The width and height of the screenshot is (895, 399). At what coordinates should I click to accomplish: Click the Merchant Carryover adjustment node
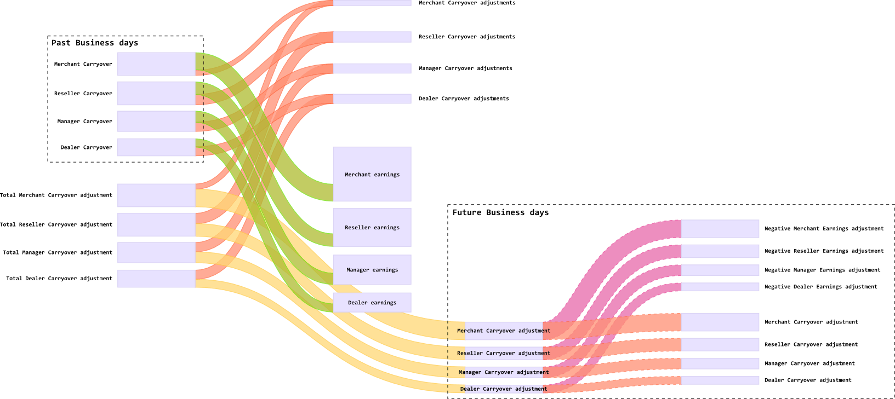point(504,331)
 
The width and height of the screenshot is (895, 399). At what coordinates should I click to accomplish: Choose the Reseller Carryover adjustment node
point(504,353)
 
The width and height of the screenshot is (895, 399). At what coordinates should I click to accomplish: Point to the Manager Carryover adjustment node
point(504,372)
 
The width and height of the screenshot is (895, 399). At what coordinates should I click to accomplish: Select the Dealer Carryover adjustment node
point(504,389)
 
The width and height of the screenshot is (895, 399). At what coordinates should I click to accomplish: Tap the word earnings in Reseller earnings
point(387,228)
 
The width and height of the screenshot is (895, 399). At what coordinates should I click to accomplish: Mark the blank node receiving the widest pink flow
point(720,229)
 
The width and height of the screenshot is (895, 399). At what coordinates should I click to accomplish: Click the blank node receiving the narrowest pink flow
point(720,287)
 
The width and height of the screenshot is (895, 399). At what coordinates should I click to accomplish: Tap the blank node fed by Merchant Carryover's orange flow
point(720,322)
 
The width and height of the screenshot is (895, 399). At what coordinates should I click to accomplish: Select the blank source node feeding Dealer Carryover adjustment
point(156,279)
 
